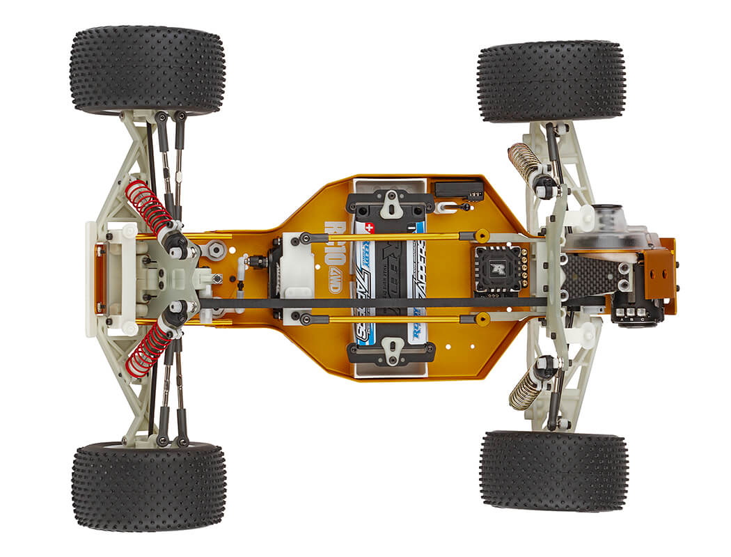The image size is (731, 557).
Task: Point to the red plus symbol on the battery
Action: tap(369, 228)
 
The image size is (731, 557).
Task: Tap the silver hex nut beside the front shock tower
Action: tap(216, 248)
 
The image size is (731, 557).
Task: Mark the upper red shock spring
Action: tap(149, 206)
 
